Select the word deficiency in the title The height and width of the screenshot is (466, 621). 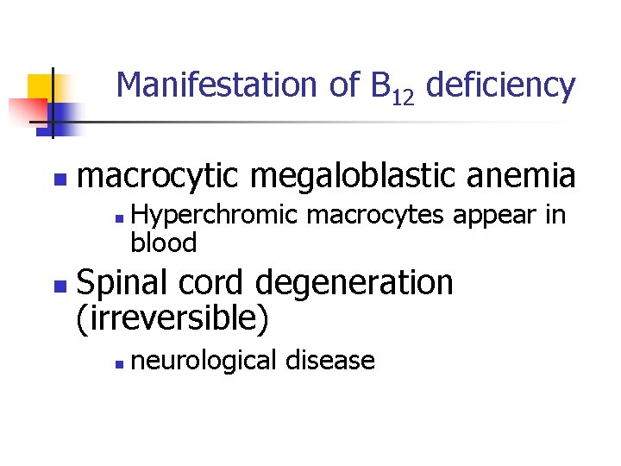[x=500, y=85]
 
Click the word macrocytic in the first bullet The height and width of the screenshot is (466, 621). [x=162, y=176]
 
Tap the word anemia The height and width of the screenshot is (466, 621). [x=527, y=176]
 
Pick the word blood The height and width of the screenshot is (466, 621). [x=164, y=243]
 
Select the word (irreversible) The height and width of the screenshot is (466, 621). [x=172, y=318]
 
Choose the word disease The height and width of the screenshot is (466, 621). [x=337, y=359]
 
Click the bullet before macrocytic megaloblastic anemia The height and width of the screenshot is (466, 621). [x=58, y=179]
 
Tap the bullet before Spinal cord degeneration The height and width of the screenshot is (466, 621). [x=58, y=284]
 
